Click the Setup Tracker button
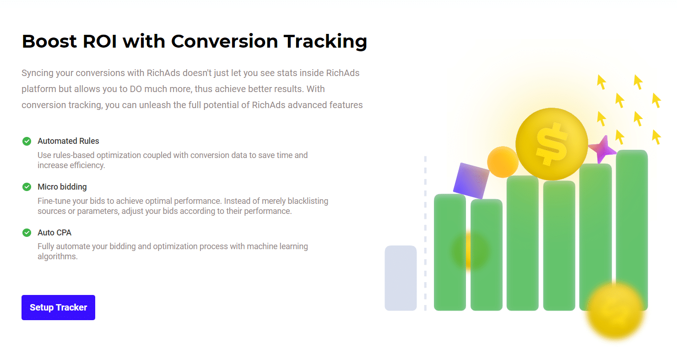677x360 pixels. coord(58,307)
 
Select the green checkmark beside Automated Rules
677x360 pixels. coord(27,141)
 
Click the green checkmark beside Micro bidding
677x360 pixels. coord(27,187)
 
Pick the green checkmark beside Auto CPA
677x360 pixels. coord(27,233)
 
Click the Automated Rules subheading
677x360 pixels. coord(68,141)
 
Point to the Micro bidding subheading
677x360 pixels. coord(62,187)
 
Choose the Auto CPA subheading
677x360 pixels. coord(54,233)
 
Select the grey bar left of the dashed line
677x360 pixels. coord(401,278)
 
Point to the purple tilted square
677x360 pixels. coord(471,180)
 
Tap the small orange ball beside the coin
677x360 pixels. coord(502,162)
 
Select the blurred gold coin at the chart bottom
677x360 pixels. coord(615,310)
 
